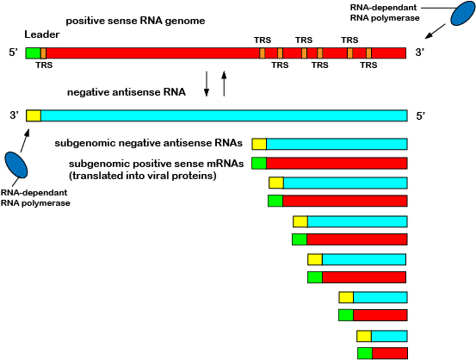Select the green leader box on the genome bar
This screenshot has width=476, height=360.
pos(33,53)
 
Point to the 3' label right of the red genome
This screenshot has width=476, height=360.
pos(420,53)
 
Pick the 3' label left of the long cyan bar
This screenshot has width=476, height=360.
pos(14,115)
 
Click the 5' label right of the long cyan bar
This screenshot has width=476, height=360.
pos(421,115)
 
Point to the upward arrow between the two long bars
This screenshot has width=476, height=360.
pos(224,84)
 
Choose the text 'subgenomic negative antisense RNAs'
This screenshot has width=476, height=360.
pos(148,143)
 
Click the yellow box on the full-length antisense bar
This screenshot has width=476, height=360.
pos(34,115)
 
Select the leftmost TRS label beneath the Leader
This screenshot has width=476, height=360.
pos(43,65)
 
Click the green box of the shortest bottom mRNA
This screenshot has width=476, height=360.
pos(365,353)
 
